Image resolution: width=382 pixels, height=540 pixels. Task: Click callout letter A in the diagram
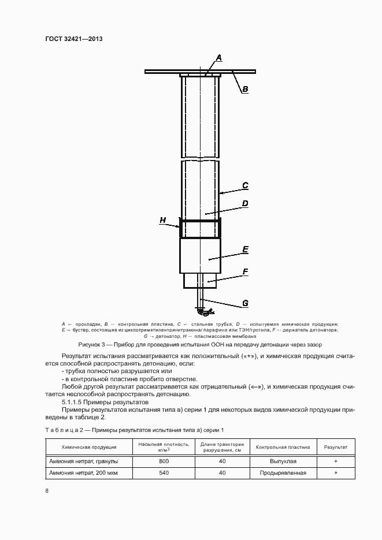[220, 57]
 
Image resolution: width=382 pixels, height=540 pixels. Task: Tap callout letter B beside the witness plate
[245, 89]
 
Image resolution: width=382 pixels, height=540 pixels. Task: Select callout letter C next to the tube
[245, 185]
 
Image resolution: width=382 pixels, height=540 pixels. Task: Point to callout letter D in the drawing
[245, 203]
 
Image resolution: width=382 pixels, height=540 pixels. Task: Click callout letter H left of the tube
[164, 220]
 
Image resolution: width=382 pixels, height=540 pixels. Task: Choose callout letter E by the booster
[245, 249]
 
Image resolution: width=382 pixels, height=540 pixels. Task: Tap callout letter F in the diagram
[245, 270]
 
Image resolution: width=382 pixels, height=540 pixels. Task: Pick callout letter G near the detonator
[245, 303]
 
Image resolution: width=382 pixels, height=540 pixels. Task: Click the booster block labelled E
[199, 256]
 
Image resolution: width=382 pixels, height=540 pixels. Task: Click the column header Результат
[336, 447]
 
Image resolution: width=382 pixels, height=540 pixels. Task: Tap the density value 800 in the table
[164, 461]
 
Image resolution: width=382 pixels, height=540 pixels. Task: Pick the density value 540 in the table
[164, 473]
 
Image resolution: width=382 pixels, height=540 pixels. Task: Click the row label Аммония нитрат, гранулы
[84, 461]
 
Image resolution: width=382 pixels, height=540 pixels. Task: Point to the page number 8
[47, 491]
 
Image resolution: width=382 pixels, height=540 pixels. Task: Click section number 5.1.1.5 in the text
[74, 401]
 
